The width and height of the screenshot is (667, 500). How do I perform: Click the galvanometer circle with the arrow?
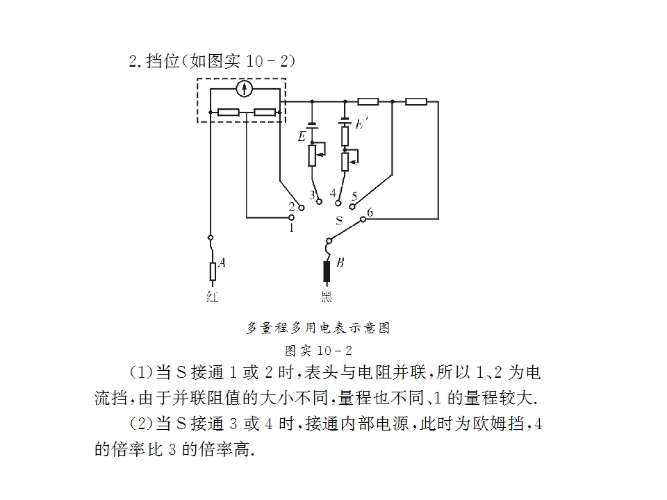coord(244,89)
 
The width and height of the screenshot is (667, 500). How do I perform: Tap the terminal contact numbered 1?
coord(291,217)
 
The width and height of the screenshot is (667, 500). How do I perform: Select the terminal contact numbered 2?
coord(302,208)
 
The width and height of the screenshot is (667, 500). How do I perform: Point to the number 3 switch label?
coord(312,195)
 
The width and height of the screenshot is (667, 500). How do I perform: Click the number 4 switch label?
coord(333,193)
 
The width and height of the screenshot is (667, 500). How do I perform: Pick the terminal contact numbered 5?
coord(352,207)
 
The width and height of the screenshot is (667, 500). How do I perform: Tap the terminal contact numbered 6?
coord(363,219)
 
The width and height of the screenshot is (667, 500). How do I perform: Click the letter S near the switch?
coord(339,220)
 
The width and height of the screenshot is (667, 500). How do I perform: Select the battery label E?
coord(302,137)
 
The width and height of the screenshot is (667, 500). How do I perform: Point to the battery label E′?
coord(361,124)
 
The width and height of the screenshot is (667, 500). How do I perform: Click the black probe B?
coord(327,272)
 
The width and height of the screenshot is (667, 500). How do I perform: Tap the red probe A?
coord(213,272)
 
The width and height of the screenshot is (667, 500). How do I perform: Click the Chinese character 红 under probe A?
coord(213,297)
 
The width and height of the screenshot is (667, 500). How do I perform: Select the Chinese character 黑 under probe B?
coord(327,297)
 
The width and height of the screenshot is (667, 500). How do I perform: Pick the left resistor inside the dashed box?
coord(229,112)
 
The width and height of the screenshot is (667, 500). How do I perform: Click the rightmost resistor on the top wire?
coord(416,101)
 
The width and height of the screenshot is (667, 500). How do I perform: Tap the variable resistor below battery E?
coord(312,156)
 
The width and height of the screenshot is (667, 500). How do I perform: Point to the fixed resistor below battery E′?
coord(345,136)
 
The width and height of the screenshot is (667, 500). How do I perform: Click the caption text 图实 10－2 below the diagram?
coord(318,351)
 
